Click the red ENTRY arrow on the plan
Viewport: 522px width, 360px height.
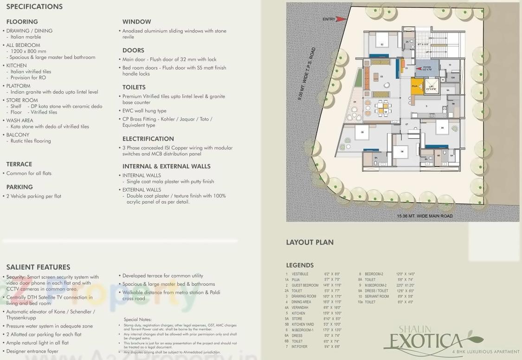point(341,19)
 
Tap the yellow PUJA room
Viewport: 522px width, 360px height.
point(416,86)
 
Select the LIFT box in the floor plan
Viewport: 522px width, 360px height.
point(432,87)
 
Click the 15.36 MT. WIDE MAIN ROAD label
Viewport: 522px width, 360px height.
point(425,216)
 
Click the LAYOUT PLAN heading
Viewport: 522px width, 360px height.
point(309,242)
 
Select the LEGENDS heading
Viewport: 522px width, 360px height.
point(300,265)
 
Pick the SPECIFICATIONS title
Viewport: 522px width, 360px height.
point(34,6)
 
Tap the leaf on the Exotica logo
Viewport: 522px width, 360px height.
point(473,336)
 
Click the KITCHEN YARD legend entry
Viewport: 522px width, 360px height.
point(303,324)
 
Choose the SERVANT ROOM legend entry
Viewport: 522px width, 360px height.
point(377,296)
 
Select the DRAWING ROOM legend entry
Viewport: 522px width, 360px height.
point(304,296)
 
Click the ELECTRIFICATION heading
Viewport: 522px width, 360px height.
point(148,139)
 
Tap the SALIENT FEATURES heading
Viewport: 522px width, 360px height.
point(38,267)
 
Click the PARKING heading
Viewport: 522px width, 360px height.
point(19,187)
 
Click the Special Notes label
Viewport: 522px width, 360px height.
point(138,320)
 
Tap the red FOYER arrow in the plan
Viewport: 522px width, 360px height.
point(420,70)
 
